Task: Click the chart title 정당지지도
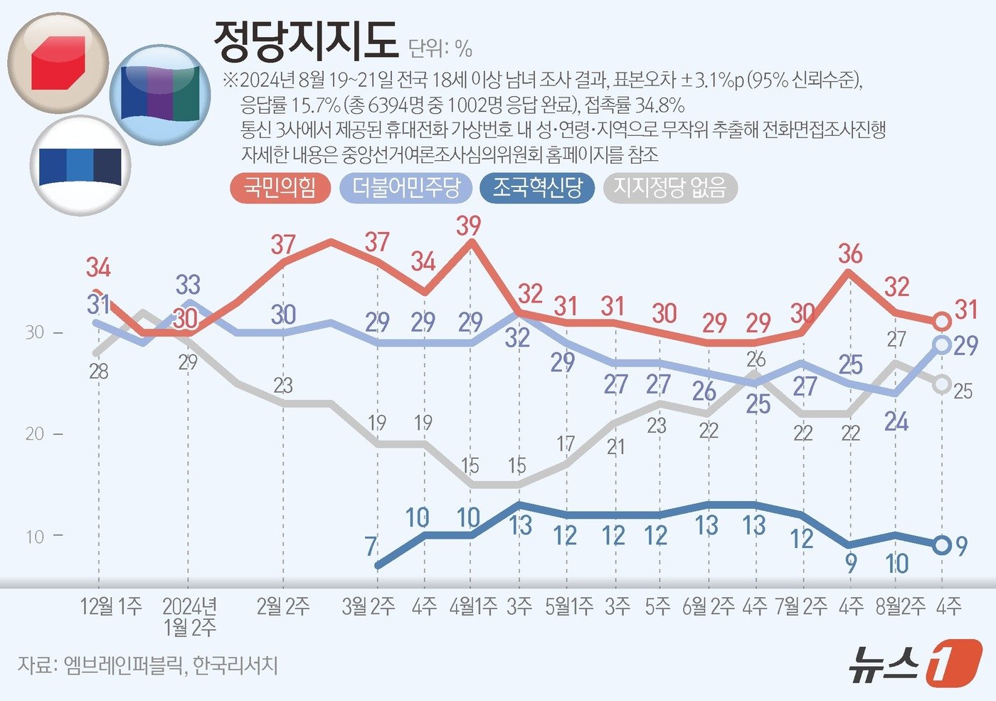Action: (305, 41)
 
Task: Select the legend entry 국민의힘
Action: (280, 188)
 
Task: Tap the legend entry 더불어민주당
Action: (406, 188)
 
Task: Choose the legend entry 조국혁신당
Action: (537, 188)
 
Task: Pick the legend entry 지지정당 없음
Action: (669, 188)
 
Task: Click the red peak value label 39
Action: (469, 226)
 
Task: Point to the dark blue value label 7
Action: (371, 547)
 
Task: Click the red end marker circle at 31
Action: (941, 322)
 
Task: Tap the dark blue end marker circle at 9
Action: (941, 546)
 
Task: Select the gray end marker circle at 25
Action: (941, 384)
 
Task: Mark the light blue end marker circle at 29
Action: (941, 345)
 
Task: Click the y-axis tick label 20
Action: (35, 434)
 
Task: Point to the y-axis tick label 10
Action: (35, 537)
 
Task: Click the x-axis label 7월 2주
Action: (801, 606)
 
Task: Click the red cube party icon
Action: (58, 63)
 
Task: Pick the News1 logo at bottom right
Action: (914, 664)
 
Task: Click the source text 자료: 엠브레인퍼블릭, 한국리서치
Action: (147, 665)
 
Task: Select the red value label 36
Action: (850, 254)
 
